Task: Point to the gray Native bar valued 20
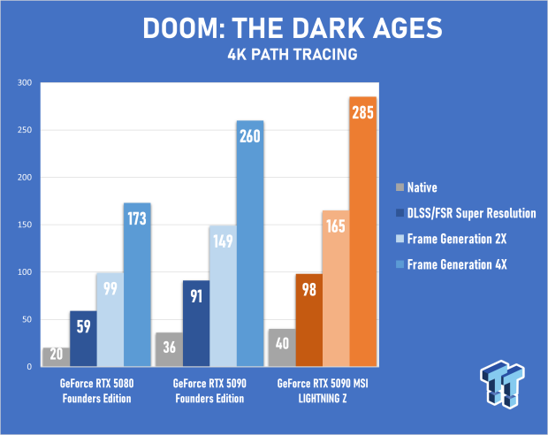point(56,356)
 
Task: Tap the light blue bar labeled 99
point(110,319)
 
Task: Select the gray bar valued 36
point(168,349)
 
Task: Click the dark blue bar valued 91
point(195,324)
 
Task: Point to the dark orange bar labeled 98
point(308,320)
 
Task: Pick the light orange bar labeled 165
point(336,288)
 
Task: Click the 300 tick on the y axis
point(24,83)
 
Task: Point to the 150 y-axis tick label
point(24,225)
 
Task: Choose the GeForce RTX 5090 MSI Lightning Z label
point(322,390)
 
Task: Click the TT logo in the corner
point(504,387)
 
